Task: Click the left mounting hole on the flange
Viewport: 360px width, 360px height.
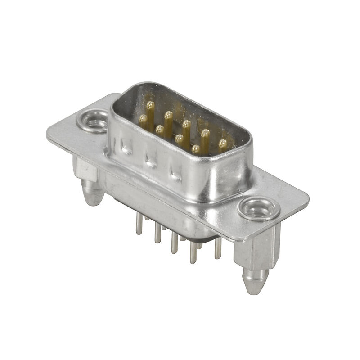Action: (x=93, y=122)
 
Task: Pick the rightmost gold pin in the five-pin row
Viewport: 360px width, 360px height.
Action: (x=222, y=144)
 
